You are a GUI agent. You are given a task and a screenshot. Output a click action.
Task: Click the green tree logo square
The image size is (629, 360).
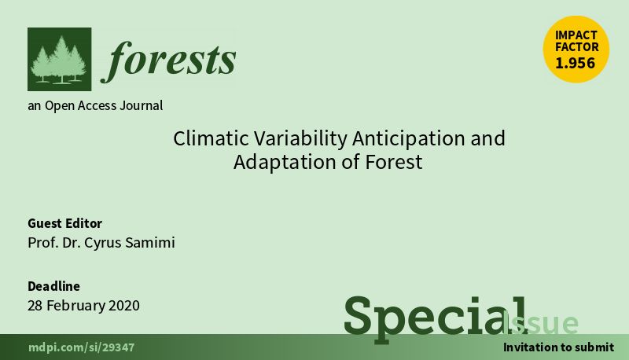(x=60, y=59)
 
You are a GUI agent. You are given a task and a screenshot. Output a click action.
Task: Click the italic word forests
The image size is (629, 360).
(x=168, y=61)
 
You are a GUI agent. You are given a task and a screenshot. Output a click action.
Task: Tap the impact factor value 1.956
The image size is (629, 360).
(x=576, y=63)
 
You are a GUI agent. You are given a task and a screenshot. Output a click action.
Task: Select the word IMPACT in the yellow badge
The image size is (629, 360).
(x=576, y=35)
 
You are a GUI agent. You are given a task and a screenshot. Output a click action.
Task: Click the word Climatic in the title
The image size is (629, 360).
(x=211, y=138)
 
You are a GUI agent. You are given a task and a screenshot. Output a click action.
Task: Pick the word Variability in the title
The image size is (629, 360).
(x=300, y=138)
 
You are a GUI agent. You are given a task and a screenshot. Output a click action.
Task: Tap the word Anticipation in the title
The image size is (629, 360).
(x=409, y=138)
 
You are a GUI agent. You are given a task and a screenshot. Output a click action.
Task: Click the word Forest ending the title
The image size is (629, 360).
(x=394, y=163)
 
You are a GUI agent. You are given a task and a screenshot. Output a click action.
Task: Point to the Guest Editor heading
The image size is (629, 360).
(x=64, y=223)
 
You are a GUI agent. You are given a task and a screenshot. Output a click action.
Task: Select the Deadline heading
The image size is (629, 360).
(x=53, y=286)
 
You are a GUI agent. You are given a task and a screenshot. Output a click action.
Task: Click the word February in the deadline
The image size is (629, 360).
(x=75, y=306)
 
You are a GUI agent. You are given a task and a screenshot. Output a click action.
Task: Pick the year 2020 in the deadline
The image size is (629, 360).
(x=124, y=306)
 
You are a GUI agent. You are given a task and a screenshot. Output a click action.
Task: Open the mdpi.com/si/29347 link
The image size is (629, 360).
(x=82, y=347)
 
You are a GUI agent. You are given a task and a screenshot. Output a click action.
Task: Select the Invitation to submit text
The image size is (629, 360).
(x=558, y=347)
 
